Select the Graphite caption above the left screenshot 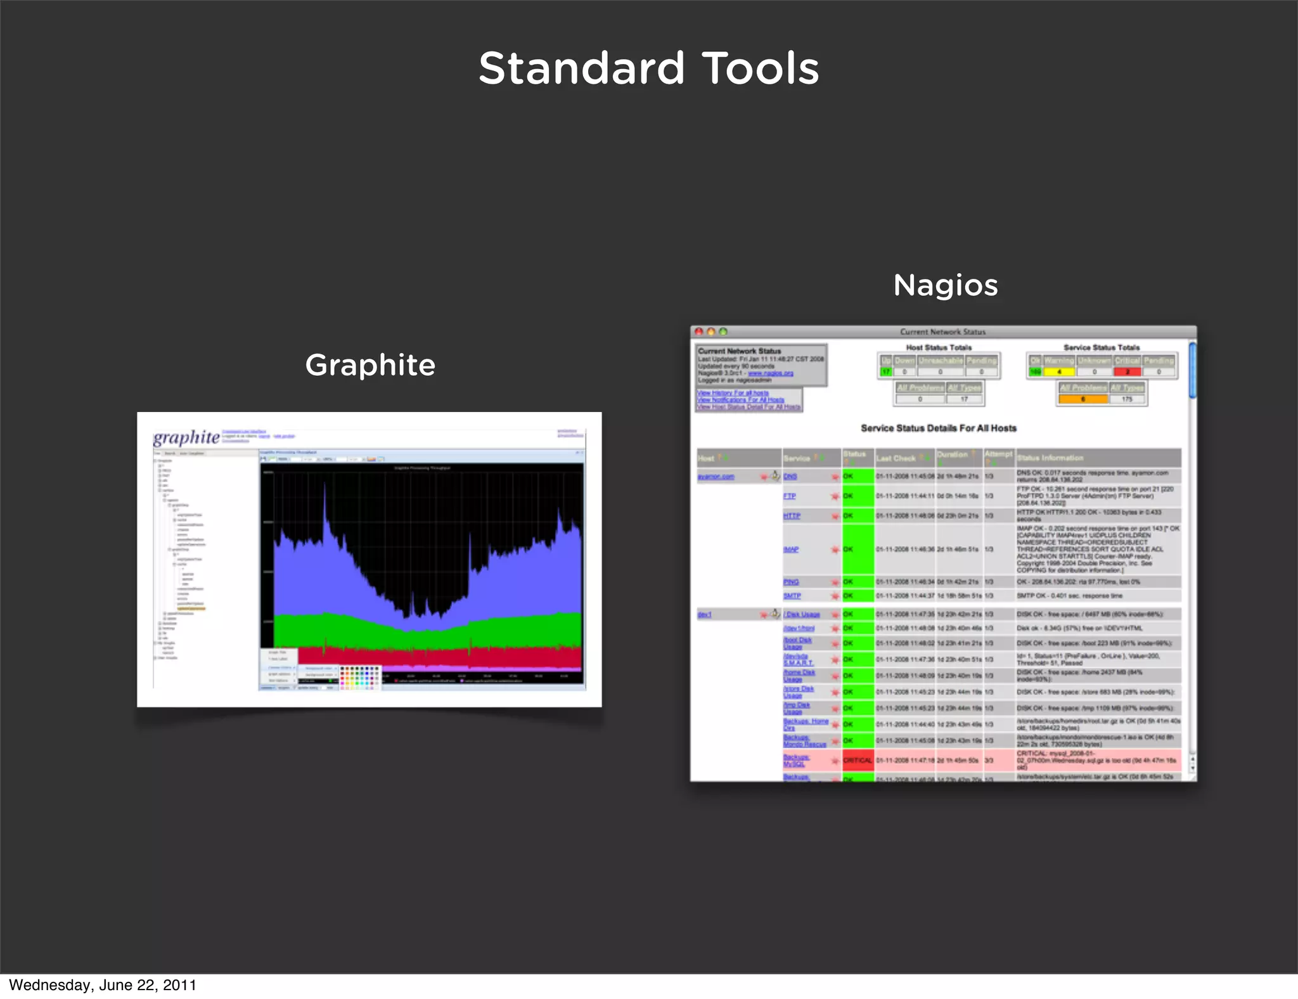coord(370,365)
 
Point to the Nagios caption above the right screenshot coord(945,285)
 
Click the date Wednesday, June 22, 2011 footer coord(103,985)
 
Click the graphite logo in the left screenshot coord(186,437)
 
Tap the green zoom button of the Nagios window coord(723,332)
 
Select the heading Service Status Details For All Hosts coord(938,429)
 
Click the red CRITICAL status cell coord(858,760)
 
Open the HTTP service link coord(792,516)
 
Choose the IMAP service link coord(791,550)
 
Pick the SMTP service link coord(792,596)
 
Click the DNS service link coord(790,477)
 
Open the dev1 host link coord(705,614)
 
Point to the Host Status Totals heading coord(939,347)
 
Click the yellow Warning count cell coord(1059,372)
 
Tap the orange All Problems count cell coord(1083,399)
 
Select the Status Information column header coord(1050,458)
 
